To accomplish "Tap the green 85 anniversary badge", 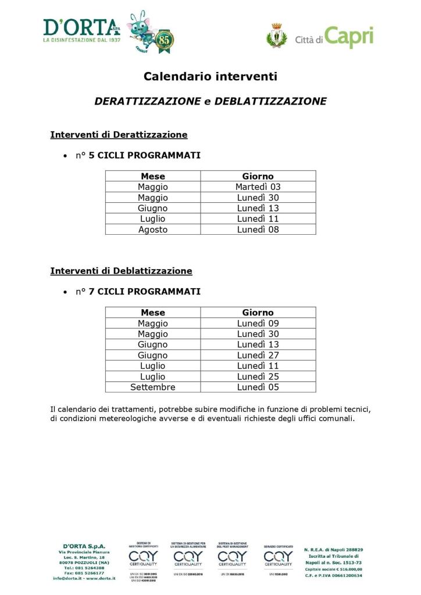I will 165,41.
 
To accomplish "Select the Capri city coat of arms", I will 277,35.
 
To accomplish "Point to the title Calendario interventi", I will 211,76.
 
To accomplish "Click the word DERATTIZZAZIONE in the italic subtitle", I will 147,101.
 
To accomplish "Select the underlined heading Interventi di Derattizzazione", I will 119,135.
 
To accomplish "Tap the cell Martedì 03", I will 258,187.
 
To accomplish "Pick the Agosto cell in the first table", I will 153,230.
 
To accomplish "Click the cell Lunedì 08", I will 258,230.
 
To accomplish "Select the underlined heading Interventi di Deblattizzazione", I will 121,271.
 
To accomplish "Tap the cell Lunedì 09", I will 258,324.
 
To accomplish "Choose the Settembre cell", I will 153,387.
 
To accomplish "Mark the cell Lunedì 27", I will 258,355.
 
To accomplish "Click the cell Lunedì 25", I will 258,377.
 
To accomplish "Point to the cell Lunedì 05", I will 258,387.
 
